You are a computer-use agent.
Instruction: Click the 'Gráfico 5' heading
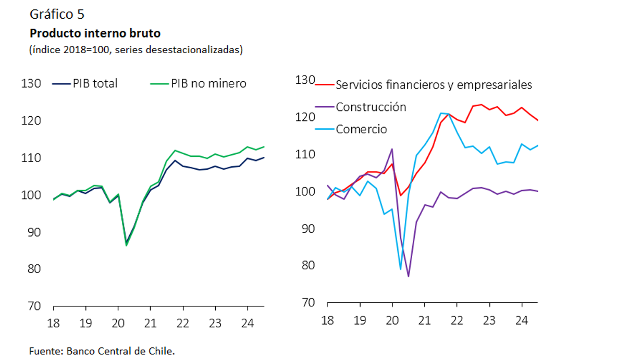tap(57, 15)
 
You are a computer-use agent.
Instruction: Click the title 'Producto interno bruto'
tap(95, 33)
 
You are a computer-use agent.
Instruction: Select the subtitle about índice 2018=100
tap(136, 50)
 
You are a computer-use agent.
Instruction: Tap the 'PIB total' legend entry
tap(86, 83)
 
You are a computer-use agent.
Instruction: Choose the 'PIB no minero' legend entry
tap(198, 83)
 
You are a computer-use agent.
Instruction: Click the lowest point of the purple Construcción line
tap(408, 276)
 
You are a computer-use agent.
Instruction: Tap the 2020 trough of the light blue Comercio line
tap(400, 269)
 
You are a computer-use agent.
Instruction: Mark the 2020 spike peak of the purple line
tap(392, 149)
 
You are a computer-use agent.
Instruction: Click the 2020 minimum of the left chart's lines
tap(126, 244)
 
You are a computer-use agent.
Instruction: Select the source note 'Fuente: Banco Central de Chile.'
tap(102, 351)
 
